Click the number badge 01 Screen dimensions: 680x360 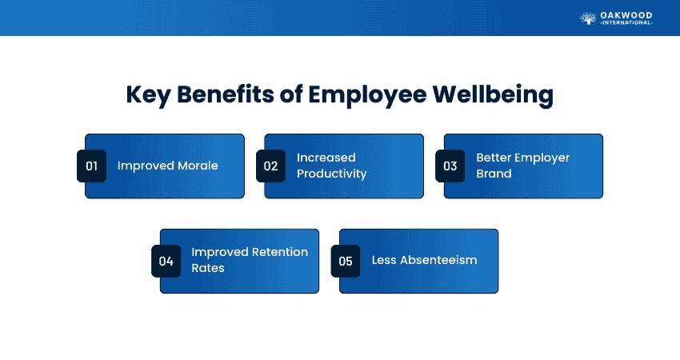91,166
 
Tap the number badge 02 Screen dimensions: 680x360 270,166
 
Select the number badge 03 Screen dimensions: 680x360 450,166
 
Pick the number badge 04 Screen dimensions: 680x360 166,261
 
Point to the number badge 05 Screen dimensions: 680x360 346,261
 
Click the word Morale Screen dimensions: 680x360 198,166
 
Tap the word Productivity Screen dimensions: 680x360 332,174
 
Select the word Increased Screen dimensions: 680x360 326,158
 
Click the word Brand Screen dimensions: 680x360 494,174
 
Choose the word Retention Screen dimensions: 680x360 280,252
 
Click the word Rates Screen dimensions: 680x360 208,268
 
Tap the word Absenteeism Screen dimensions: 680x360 438,260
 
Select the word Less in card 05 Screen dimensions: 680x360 384,260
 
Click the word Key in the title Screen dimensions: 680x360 148,95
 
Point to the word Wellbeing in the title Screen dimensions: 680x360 493,95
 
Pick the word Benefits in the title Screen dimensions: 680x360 226,94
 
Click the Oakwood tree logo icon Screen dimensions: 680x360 589,18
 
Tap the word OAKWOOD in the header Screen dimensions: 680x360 626,16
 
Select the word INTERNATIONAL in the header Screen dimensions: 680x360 626,23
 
